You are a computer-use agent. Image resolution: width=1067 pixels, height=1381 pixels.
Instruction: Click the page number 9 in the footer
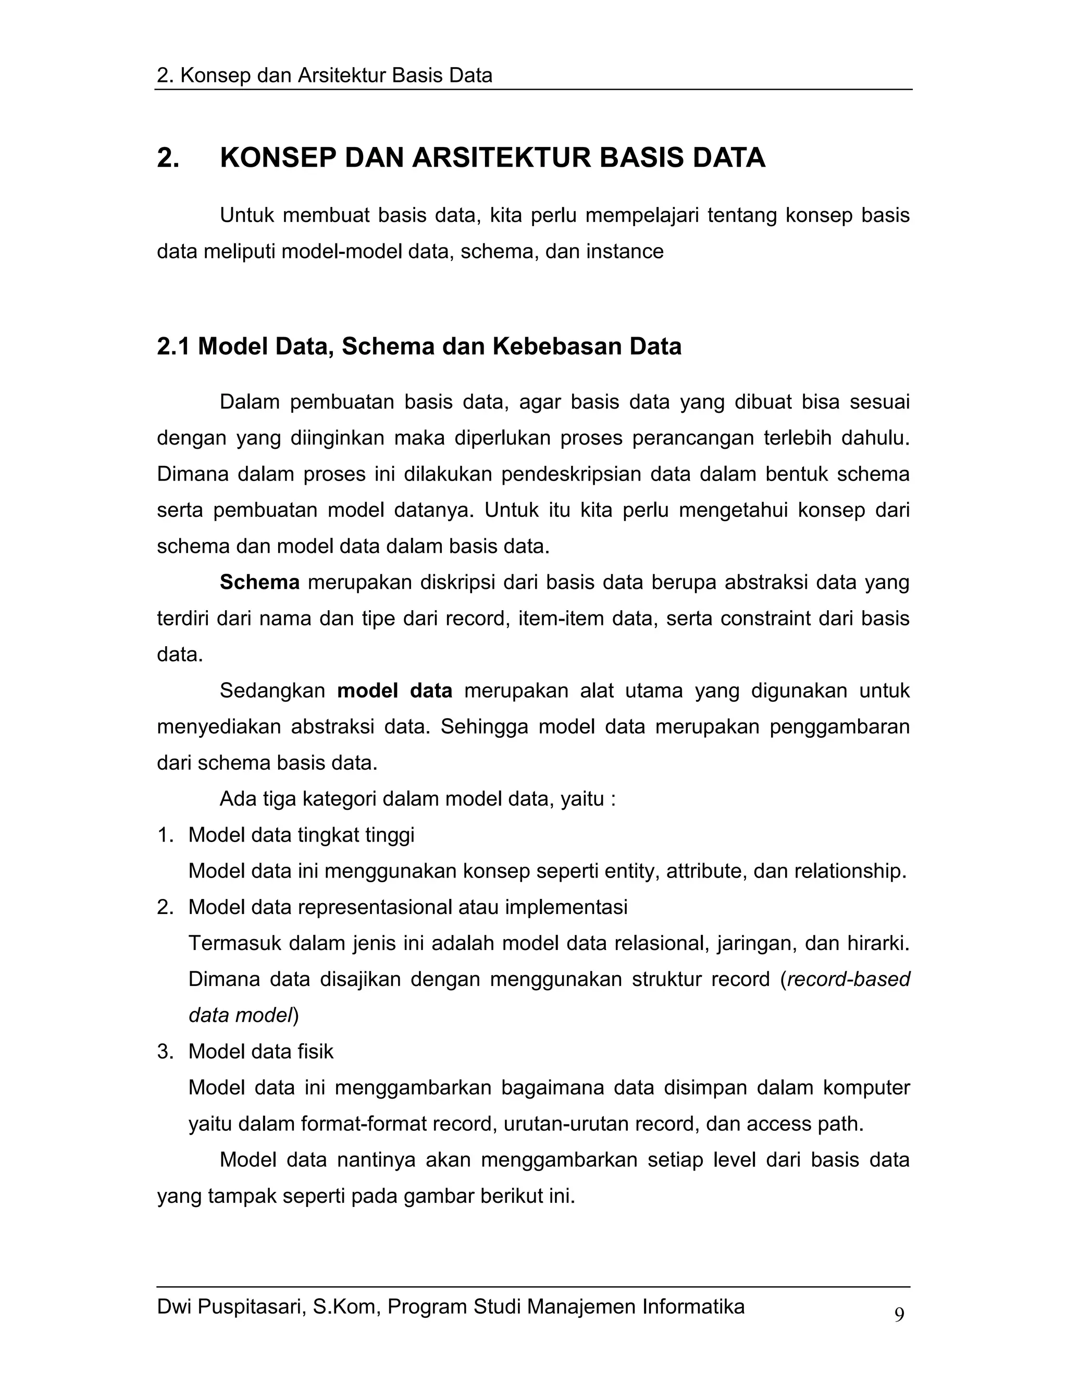click(x=899, y=1315)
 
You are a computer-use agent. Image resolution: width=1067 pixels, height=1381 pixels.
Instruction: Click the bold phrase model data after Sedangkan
click(x=394, y=690)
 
